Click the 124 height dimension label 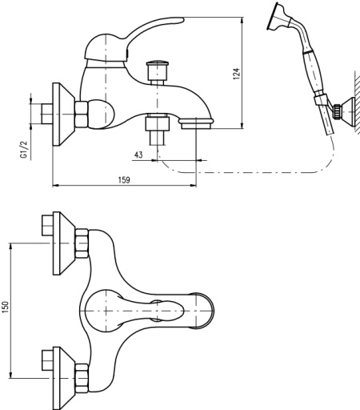237,74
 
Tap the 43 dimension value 138,155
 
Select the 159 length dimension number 124,180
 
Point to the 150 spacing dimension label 6,307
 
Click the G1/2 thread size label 24,149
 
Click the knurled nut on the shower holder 338,111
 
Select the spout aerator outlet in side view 196,124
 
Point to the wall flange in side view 63,115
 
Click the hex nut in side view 82,115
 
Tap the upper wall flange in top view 64,243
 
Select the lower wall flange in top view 64,378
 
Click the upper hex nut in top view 82,243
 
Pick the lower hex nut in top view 82,378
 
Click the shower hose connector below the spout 158,130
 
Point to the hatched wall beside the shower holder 358,102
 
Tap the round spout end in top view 204,311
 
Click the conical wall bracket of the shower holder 348,111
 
